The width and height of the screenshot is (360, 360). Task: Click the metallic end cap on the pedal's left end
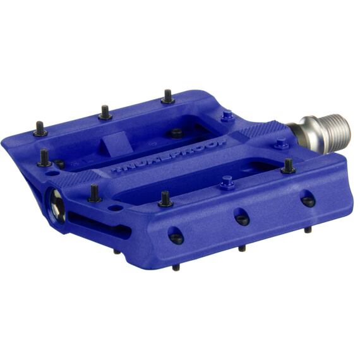pos(56,206)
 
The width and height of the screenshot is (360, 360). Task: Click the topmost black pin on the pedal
pos(167,97)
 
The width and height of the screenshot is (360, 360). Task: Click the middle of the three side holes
pos(242,218)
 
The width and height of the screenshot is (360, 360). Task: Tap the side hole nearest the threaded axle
pos(308,200)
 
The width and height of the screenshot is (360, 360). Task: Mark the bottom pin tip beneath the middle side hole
pos(242,248)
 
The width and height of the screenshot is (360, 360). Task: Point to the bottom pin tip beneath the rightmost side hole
pos(308,230)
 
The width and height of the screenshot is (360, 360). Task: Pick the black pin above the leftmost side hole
pos(165,200)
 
